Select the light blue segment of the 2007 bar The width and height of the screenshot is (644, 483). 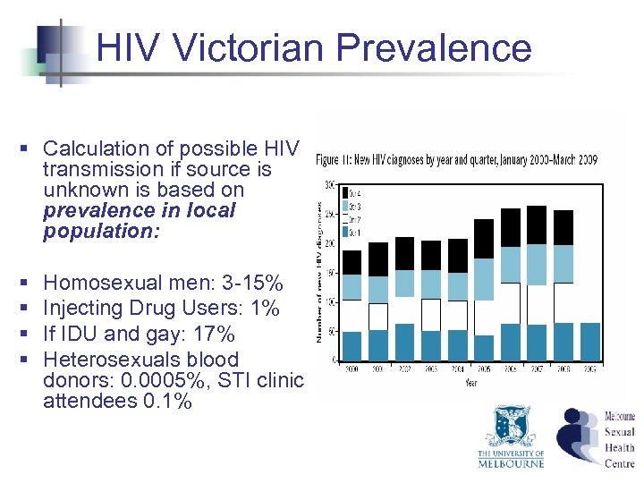[537, 264]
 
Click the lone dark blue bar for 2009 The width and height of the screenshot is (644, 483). [590, 341]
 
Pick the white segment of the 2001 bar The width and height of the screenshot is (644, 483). [379, 317]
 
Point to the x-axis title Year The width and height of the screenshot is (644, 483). [470, 385]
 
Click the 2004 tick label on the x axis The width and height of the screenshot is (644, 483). [458, 368]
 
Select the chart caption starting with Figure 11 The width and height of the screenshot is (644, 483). [456, 160]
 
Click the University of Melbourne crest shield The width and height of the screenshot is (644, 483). [511, 427]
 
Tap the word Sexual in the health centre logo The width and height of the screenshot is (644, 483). [619, 431]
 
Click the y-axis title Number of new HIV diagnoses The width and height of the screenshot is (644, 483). [319, 268]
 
